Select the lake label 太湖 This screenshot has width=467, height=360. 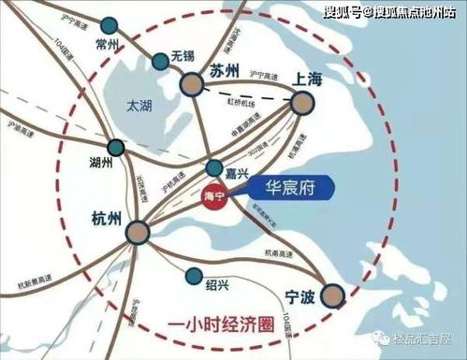pos(140,106)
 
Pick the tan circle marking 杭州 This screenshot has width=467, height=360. pos(139,232)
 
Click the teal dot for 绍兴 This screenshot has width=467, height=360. pos(194,277)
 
